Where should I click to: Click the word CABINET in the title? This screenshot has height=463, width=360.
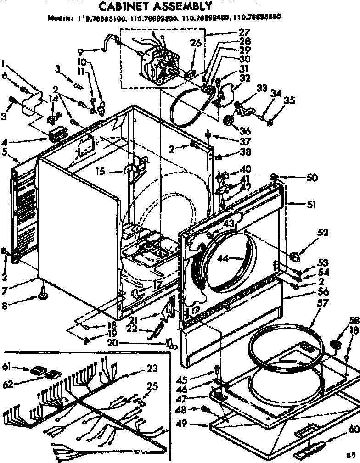[125, 6]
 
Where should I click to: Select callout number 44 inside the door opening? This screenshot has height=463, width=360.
[223, 258]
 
